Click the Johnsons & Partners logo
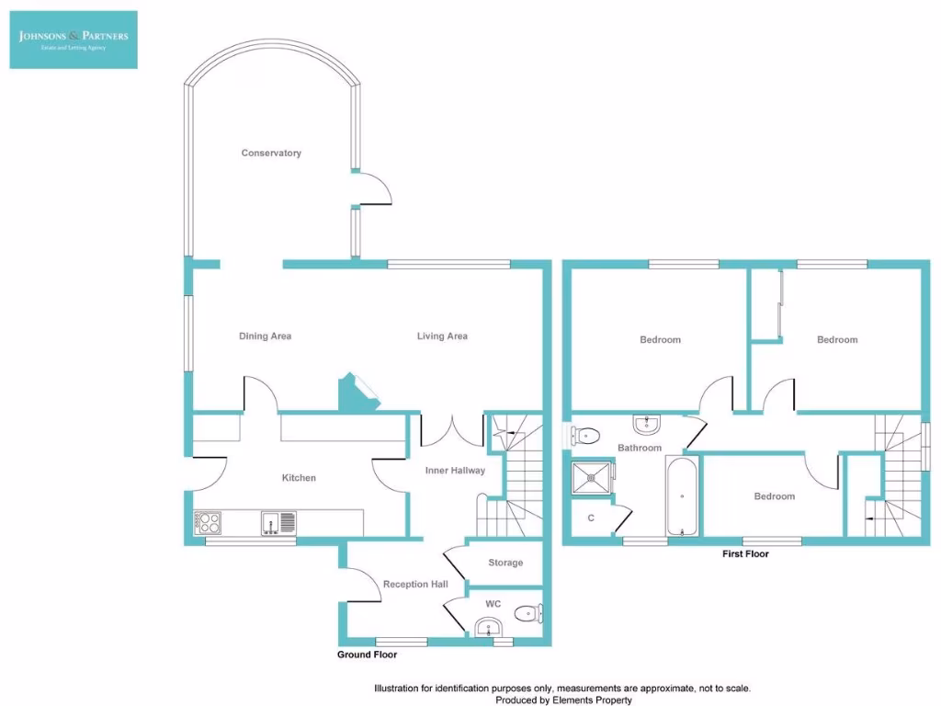click(x=74, y=40)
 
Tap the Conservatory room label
click(x=271, y=153)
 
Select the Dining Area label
click(x=265, y=336)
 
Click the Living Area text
click(x=442, y=336)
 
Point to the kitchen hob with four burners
click(x=209, y=523)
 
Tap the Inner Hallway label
click(x=455, y=471)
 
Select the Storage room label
click(x=505, y=563)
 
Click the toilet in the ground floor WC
click(x=528, y=613)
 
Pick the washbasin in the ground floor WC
click(x=489, y=628)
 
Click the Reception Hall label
click(x=415, y=584)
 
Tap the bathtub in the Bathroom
click(x=682, y=495)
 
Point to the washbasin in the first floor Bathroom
click(x=647, y=424)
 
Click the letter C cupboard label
click(x=591, y=518)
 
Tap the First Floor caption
click(x=745, y=554)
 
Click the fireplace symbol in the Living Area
click(x=357, y=392)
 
